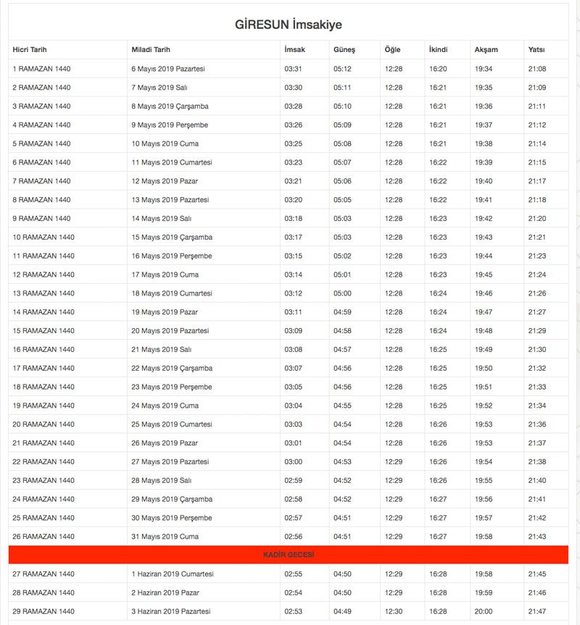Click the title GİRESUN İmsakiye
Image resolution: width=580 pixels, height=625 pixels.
(289, 25)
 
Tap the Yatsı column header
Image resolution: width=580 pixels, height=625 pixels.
(536, 50)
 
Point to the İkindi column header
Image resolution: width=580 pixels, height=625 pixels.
(438, 50)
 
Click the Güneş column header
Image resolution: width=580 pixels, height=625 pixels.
(344, 50)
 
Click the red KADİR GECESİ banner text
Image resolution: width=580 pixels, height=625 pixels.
(289, 555)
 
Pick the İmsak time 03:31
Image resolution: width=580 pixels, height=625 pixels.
(293, 69)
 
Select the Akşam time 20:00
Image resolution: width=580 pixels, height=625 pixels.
(484, 611)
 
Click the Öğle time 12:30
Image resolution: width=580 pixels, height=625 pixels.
(393, 611)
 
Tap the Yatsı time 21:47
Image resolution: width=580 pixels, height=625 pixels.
(537, 611)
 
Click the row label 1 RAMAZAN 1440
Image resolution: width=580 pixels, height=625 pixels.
(41, 69)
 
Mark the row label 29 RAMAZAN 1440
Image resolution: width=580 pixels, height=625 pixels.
(43, 611)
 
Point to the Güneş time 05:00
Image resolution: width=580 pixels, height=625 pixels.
(342, 293)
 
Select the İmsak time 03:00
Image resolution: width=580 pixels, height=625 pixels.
(293, 461)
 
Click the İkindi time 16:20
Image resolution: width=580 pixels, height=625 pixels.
(438, 69)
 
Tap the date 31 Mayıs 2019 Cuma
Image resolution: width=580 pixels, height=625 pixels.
(165, 536)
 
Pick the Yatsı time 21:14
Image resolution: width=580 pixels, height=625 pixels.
(537, 143)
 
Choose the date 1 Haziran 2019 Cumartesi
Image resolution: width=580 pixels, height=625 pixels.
(173, 574)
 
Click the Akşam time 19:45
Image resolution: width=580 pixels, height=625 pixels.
(484, 274)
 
